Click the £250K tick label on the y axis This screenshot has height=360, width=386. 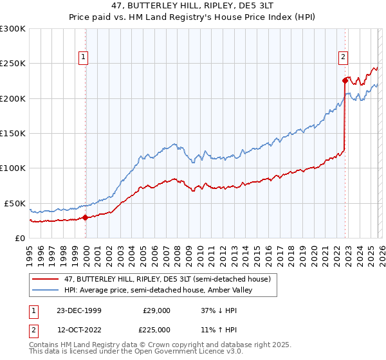click(x=13, y=64)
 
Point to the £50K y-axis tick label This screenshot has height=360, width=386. click(x=15, y=203)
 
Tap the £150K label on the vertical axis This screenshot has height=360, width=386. click(x=13, y=134)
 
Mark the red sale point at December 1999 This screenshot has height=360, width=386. click(x=86, y=217)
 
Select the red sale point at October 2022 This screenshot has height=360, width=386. click(x=344, y=80)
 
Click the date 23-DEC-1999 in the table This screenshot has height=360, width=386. click(x=79, y=310)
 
